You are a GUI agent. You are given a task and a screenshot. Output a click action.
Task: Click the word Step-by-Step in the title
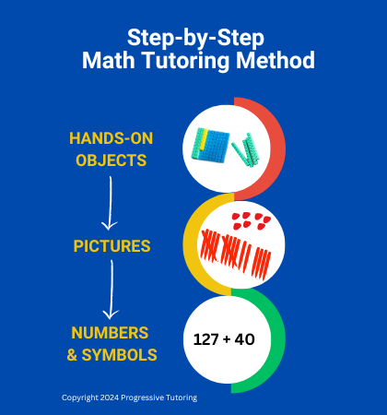click(195, 39)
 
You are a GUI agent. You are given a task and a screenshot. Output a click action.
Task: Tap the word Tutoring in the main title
click(186, 61)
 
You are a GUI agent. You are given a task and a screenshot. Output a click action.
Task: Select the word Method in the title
click(276, 60)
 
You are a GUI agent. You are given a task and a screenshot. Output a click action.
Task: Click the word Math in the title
click(109, 60)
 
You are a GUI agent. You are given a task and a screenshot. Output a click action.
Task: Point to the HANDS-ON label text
click(111, 138)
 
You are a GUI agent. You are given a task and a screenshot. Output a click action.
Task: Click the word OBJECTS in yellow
click(111, 160)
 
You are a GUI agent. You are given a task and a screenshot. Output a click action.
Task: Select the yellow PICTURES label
click(111, 246)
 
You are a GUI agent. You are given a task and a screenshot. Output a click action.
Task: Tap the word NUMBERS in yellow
click(110, 333)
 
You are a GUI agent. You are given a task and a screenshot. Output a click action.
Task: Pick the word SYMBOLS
click(119, 355)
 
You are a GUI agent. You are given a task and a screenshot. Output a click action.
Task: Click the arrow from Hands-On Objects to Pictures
click(110, 203)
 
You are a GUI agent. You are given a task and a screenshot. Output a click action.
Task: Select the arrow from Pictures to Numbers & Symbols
click(111, 289)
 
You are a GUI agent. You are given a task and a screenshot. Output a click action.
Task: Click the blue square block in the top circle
click(215, 146)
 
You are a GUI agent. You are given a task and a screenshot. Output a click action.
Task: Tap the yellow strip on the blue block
click(204, 140)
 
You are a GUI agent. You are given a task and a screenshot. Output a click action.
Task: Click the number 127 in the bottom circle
click(205, 339)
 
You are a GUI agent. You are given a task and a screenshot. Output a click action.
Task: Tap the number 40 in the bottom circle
click(245, 339)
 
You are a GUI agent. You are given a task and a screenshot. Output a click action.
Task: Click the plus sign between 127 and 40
click(227, 339)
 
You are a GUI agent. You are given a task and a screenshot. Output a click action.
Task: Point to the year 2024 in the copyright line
click(110, 397)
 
